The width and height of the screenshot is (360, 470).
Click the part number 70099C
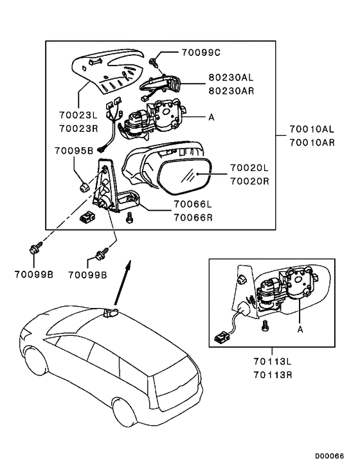[201, 53]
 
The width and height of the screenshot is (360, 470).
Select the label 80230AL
[231, 77]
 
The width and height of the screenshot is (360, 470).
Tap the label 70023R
[78, 129]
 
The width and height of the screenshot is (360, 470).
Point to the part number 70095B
[74, 150]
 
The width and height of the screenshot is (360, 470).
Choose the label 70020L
[249, 168]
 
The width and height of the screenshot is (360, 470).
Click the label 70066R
[194, 217]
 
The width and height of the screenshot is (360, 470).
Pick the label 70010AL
[312, 129]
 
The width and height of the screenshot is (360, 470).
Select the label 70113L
[273, 361]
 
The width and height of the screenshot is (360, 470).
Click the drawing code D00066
[329, 456]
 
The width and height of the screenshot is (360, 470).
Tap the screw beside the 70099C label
[154, 62]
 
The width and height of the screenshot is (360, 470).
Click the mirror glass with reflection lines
[184, 176]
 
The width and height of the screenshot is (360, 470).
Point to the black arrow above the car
[122, 282]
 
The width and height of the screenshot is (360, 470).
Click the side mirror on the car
[110, 313]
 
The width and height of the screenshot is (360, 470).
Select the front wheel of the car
[37, 363]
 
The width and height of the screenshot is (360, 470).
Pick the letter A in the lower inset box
[300, 329]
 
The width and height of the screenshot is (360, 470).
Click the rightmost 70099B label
[87, 275]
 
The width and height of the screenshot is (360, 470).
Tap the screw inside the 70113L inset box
[265, 326]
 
